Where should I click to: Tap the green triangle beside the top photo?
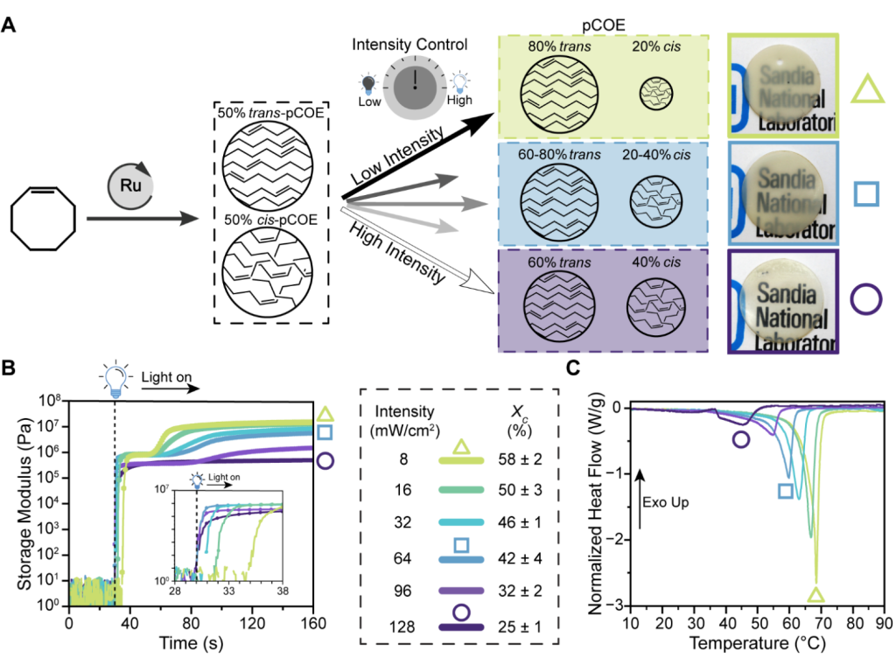click(x=866, y=88)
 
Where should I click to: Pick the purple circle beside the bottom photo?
click(x=866, y=301)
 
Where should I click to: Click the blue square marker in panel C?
click(x=786, y=491)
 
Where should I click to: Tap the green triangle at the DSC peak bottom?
click(x=815, y=595)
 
